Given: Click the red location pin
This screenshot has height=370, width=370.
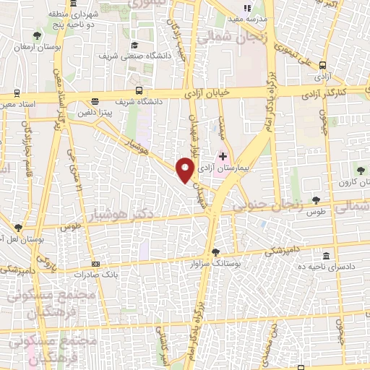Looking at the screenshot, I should [x=186, y=171].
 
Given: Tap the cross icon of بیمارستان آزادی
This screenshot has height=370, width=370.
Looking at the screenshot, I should [x=223, y=155].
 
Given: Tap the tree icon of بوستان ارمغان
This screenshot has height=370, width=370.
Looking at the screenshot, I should [x=36, y=35].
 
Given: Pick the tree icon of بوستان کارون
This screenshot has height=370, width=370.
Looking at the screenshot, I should [x=360, y=170].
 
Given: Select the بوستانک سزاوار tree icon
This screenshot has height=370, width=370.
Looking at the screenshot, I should [x=215, y=251].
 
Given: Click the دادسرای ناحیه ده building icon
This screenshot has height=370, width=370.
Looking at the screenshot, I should [x=327, y=257].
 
